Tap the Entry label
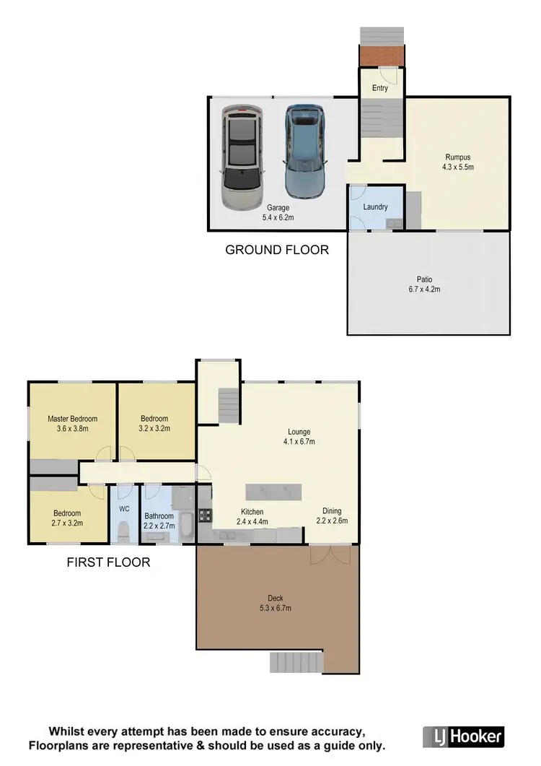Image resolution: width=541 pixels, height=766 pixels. (380, 88)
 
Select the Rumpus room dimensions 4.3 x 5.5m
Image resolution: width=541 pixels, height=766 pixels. (457, 167)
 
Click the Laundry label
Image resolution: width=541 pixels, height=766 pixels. (376, 207)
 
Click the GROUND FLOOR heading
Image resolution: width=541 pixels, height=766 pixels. (277, 251)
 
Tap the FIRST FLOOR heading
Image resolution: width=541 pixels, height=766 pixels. (108, 562)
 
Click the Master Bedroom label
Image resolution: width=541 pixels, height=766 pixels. (72, 419)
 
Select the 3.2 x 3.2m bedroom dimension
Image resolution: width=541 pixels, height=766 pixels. (154, 428)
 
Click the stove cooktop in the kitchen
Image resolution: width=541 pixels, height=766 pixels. (204, 515)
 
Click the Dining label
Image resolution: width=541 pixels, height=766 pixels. (332, 510)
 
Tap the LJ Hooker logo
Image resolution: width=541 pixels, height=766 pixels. (463, 736)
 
